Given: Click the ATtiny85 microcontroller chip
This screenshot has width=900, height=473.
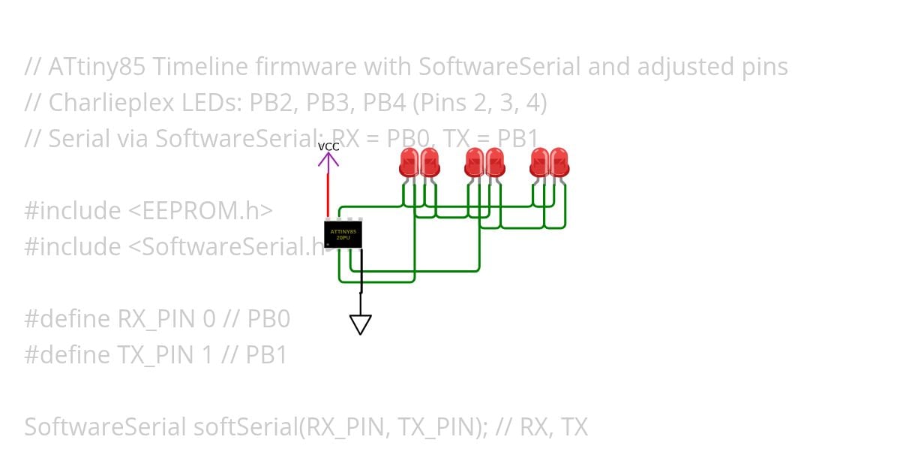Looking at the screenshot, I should click(343, 234).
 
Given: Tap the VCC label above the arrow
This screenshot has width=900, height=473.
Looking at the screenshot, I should click(328, 146).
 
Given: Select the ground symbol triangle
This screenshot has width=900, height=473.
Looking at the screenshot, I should click(360, 324).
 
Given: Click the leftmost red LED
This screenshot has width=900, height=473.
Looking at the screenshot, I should click(409, 162).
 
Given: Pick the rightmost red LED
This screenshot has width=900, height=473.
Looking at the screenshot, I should click(559, 162).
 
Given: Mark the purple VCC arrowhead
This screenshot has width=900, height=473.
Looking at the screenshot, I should click(328, 158).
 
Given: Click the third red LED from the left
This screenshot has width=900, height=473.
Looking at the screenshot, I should click(474, 162).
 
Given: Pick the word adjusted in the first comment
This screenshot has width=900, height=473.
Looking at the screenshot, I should click(684, 67).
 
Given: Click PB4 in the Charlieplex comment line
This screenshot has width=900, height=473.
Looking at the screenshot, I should click(397, 103).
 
